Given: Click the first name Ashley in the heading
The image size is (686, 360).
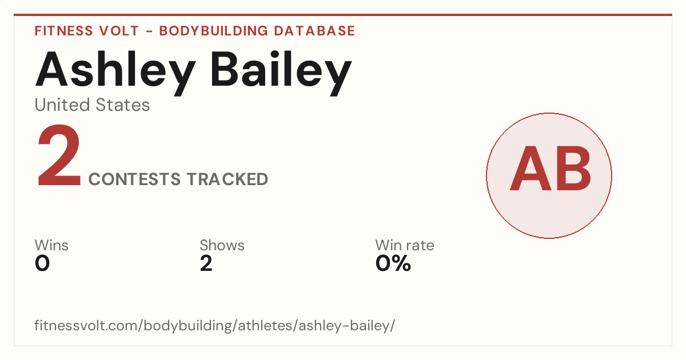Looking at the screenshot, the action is pyautogui.click(x=115, y=73).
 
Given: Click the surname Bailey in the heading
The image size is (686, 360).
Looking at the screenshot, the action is pyautogui.click(x=281, y=73).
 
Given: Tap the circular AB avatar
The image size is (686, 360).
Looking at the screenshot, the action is pyautogui.click(x=549, y=175).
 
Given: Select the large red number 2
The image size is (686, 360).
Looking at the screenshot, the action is pyautogui.click(x=59, y=155).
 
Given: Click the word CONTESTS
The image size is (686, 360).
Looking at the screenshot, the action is pyautogui.click(x=134, y=179).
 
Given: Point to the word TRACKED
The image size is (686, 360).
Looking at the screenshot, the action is pyautogui.click(x=228, y=179).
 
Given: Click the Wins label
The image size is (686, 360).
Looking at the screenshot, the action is pyautogui.click(x=51, y=245).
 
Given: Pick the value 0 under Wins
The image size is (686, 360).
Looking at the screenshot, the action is pyautogui.click(x=42, y=263).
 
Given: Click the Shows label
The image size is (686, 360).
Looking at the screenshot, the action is pyautogui.click(x=222, y=245).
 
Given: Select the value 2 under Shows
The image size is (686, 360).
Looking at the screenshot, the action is pyautogui.click(x=206, y=263).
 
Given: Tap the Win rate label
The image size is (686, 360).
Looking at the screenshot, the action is pyautogui.click(x=405, y=245).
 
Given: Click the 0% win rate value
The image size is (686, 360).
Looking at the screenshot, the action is pyautogui.click(x=393, y=263).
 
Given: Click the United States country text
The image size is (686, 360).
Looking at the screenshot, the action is pyautogui.click(x=92, y=105).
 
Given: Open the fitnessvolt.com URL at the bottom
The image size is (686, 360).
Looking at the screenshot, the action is pyautogui.click(x=215, y=325).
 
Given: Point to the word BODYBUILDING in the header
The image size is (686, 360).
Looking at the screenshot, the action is pyautogui.click(x=213, y=31).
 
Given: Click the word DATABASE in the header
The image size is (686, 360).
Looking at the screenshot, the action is pyautogui.click(x=314, y=31).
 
